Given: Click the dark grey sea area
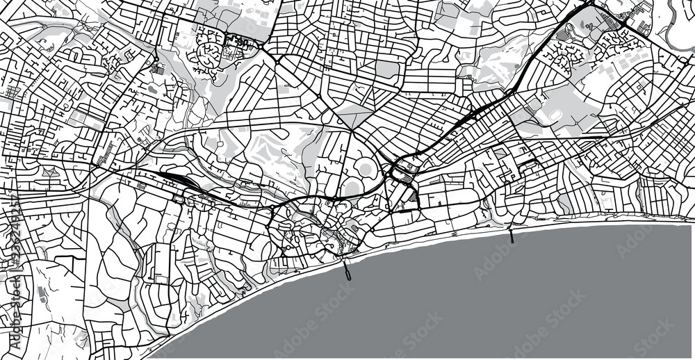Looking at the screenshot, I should (x=486, y=299).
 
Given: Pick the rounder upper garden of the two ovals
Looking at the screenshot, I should (x=364, y=167).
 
